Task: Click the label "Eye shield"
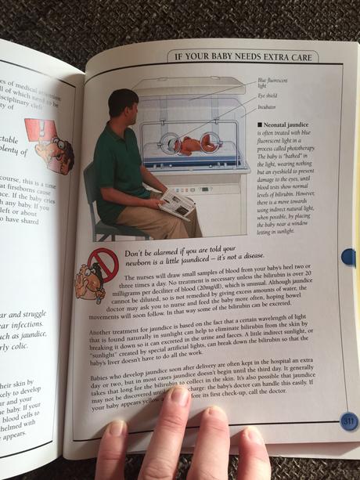267,95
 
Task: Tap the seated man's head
123,106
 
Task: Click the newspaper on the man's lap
177,203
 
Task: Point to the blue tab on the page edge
349,256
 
